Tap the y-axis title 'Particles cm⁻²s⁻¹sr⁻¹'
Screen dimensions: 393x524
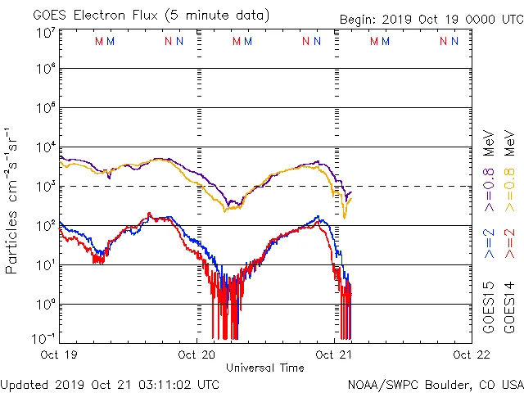pyautogui.click(x=12, y=201)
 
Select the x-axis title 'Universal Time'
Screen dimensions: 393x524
pyautogui.click(x=264, y=368)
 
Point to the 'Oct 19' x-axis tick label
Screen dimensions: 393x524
pyautogui.click(x=60, y=355)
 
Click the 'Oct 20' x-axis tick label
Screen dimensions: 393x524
pyautogui.click(x=196, y=355)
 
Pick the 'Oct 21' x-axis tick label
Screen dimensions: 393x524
pyautogui.click(x=334, y=355)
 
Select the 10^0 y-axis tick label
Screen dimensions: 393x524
pyautogui.click(x=46, y=304)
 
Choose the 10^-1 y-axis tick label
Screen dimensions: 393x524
pyautogui.click(x=43, y=338)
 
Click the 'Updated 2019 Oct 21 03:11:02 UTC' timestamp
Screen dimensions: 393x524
pyautogui.click(x=110, y=383)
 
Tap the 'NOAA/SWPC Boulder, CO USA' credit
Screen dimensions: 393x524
pyautogui.click(x=435, y=383)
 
